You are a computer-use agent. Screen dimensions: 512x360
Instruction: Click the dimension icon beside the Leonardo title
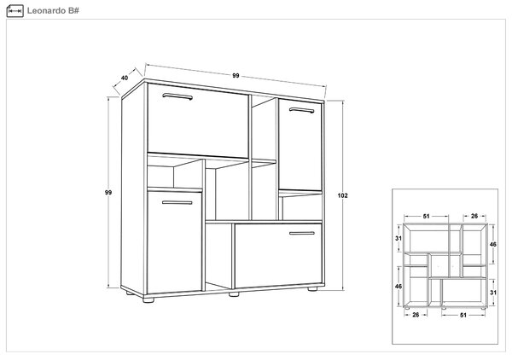coord(15,11)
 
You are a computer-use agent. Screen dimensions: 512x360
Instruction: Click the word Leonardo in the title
coord(46,11)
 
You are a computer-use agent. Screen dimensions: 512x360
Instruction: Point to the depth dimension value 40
coord(125,78)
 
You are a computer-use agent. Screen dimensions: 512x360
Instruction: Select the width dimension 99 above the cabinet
coord(236,76)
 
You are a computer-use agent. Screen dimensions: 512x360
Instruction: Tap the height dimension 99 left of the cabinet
coord(108,193)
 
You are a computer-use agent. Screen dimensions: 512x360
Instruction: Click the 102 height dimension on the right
coord(342,195)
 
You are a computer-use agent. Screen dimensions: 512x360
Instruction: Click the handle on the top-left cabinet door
coord(177,96)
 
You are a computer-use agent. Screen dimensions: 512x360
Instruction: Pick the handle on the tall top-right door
coord(302,110)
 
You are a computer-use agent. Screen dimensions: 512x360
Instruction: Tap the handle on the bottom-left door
coord(177,203)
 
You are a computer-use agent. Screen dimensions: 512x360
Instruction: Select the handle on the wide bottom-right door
coord(302,234)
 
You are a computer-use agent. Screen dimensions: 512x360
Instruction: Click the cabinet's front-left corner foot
coord(148,299)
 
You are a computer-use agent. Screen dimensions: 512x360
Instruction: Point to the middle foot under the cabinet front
coord(234,294)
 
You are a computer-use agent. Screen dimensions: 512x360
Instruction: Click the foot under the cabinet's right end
coord(312,289)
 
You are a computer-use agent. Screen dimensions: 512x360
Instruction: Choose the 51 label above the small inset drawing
coord(427,216)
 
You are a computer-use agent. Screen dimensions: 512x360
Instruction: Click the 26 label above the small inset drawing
coord(474,216)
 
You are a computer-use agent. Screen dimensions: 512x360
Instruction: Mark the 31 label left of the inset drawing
coord(399,239)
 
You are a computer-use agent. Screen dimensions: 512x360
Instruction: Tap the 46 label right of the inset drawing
coord(493,245)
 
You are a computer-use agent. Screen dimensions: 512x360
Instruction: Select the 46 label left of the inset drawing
coord(399,287)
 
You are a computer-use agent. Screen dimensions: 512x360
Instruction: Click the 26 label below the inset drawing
coord(416,315)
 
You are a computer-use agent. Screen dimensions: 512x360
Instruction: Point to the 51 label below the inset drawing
coord(463,316)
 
